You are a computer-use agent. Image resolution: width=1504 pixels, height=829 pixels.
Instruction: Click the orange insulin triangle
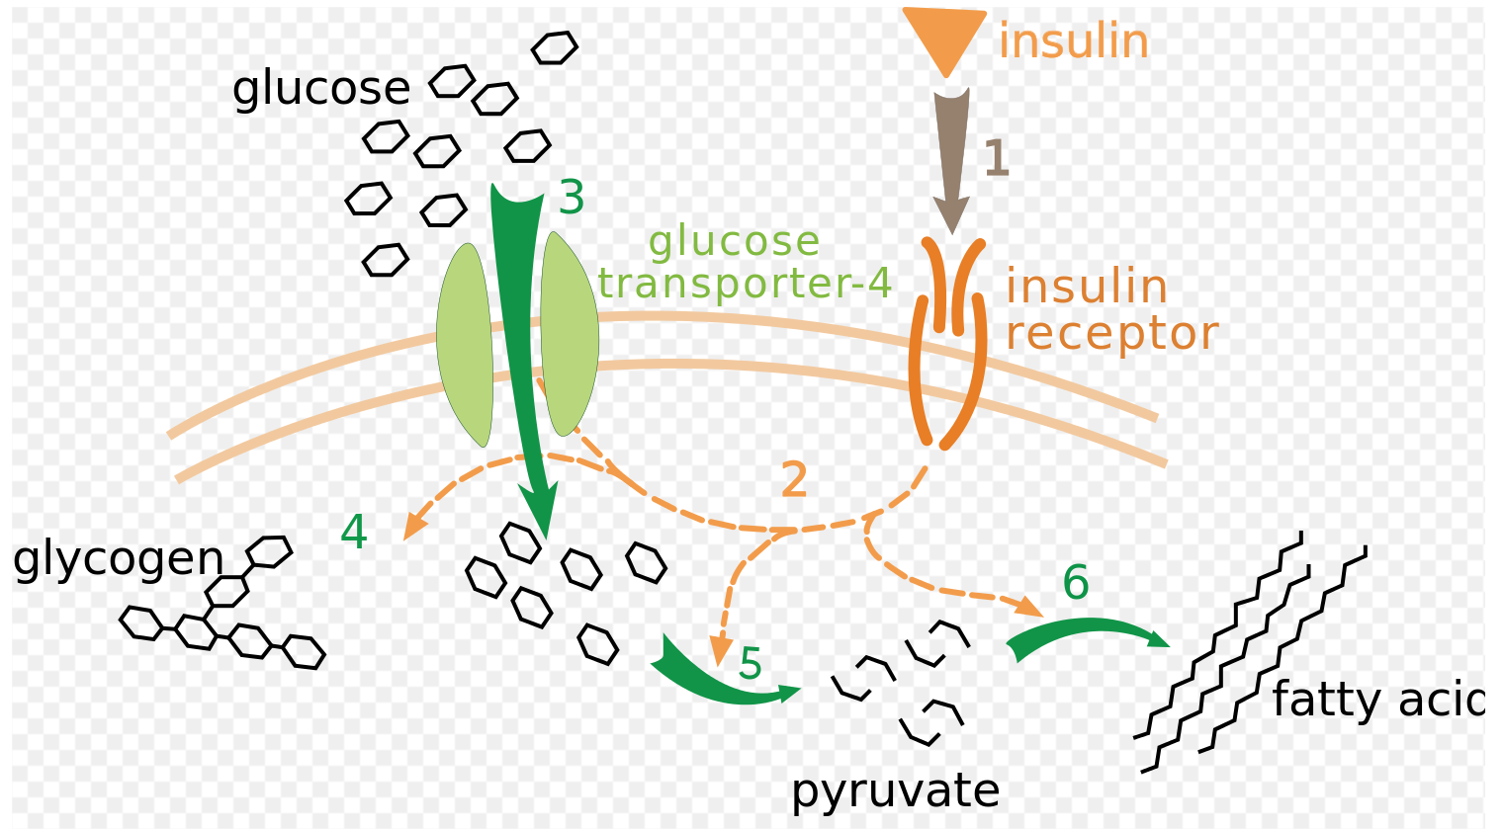point(944,36)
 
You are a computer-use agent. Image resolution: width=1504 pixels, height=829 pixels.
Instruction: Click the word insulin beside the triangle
point(1074,42)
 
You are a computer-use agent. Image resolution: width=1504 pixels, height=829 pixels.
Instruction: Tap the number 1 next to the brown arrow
point(996,159)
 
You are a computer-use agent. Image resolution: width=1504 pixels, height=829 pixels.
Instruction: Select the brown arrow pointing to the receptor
point(951,158)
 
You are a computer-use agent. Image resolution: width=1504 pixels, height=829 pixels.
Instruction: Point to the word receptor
point(1111,334)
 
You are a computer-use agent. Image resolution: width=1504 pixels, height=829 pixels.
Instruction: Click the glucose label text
point(320,89)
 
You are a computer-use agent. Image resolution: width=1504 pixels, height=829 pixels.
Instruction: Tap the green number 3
point(572,199)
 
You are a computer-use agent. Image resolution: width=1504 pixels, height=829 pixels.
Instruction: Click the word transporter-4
point(746,284)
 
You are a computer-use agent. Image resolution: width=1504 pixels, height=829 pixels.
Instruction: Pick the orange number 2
point(794,481)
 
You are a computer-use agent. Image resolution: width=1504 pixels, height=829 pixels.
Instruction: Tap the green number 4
point(354,533)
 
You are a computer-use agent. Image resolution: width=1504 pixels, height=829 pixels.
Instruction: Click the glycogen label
point(118,559)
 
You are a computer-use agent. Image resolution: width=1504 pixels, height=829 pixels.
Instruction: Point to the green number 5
point(751,664)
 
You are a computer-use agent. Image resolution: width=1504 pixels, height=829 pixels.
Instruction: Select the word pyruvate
point(895,791)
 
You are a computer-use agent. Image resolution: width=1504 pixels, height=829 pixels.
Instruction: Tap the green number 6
point(1076,583)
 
